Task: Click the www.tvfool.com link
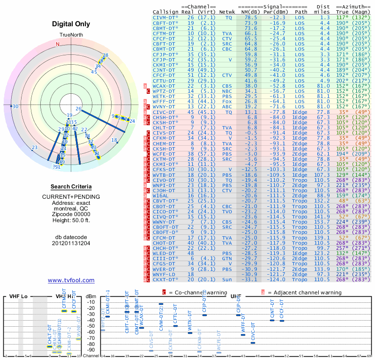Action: tap(71, 280)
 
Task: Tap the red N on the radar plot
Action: tap(58, 44)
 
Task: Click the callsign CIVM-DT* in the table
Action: tap(165, 17)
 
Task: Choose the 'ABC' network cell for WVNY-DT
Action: tap(227, 106)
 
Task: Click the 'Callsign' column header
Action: tap(165, 11)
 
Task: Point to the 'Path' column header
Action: tap(301, 11)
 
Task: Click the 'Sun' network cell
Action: tap(227, 279)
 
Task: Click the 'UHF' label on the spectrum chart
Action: tap(236, 297)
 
